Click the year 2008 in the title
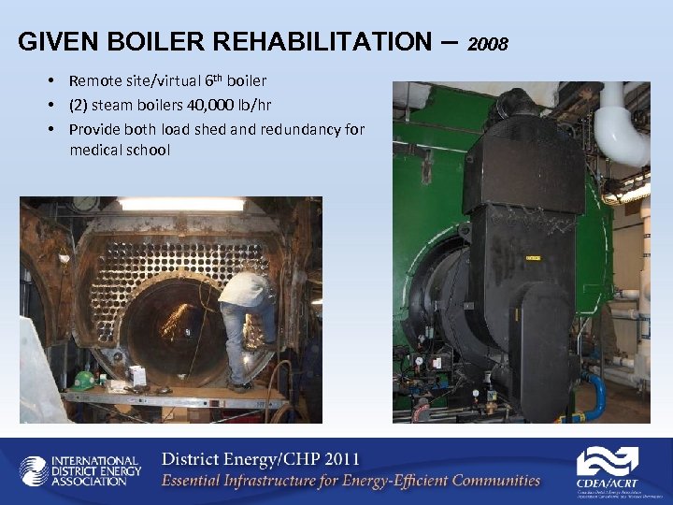tap(487, 44)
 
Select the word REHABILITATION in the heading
tap(319, 42)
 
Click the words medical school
tap(120, 149)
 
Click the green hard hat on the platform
tap(85, 381)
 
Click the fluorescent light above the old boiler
tap(181, 204)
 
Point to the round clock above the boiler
tap(86, 202)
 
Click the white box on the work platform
tap(137, 375)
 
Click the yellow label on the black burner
tap(533, 256)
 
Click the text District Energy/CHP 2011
tap(260, 459)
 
